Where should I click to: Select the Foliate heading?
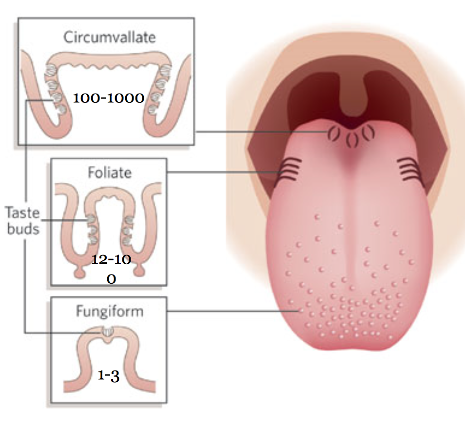pyautogui.click(x=110, y=173)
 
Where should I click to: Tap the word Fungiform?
pyautogui.click(x=109, y=311)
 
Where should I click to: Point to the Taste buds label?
pyautogui.click(x=22, y=220)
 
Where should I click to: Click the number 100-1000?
pyautogui.click(x=108, y=98)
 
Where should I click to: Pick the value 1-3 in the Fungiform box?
pyautogui.click(x=108, y=376)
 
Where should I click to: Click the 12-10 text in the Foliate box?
pyautogui.click(x=111, y=259)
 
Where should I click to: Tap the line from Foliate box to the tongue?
pyautogui.click(x=224, y=172)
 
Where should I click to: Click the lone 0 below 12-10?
pyautogui.click(x=111, y=279)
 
